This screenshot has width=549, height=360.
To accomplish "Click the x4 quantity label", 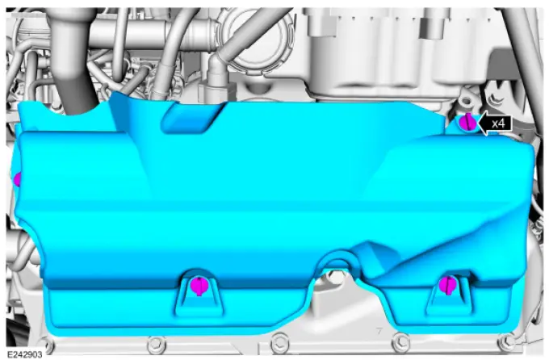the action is (x=498, y=123).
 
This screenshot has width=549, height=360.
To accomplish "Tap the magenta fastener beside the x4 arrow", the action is (x=467, y=122).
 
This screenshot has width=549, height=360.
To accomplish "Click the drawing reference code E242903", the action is (x=24, y=354).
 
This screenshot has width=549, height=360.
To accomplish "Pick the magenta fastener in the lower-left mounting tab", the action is (x=199, y=286).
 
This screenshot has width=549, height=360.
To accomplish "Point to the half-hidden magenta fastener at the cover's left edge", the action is (x=17, y=180).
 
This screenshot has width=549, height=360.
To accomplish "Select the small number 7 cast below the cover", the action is (x=379, y=330).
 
